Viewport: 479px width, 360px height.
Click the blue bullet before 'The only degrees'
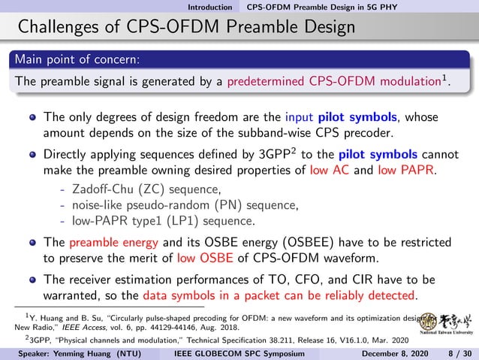[32, 118]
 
